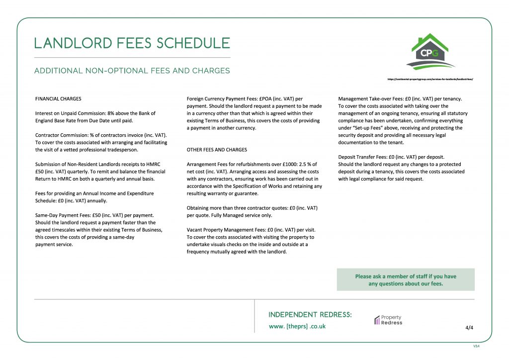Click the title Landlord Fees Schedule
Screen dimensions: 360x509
click(x=132, y=43)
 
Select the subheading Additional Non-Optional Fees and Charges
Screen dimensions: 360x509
click(x=132, y=71)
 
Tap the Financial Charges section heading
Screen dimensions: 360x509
click(x=58, y=98)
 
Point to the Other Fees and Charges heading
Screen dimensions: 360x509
click(x=216, y=149)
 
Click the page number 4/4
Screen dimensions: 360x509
click(x=469, y=328)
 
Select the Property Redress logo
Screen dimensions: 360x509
click(x=388, y=320)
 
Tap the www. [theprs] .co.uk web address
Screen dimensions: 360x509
click(x=297, y=326)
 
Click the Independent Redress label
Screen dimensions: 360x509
click(x=310, y=315)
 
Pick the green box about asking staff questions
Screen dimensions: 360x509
click(x=406, y=280)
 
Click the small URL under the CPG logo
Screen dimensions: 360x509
click(x=429, y=79)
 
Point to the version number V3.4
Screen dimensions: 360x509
click(x=476, y=346)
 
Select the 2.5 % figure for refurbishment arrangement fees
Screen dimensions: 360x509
click(x=303, y=164)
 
